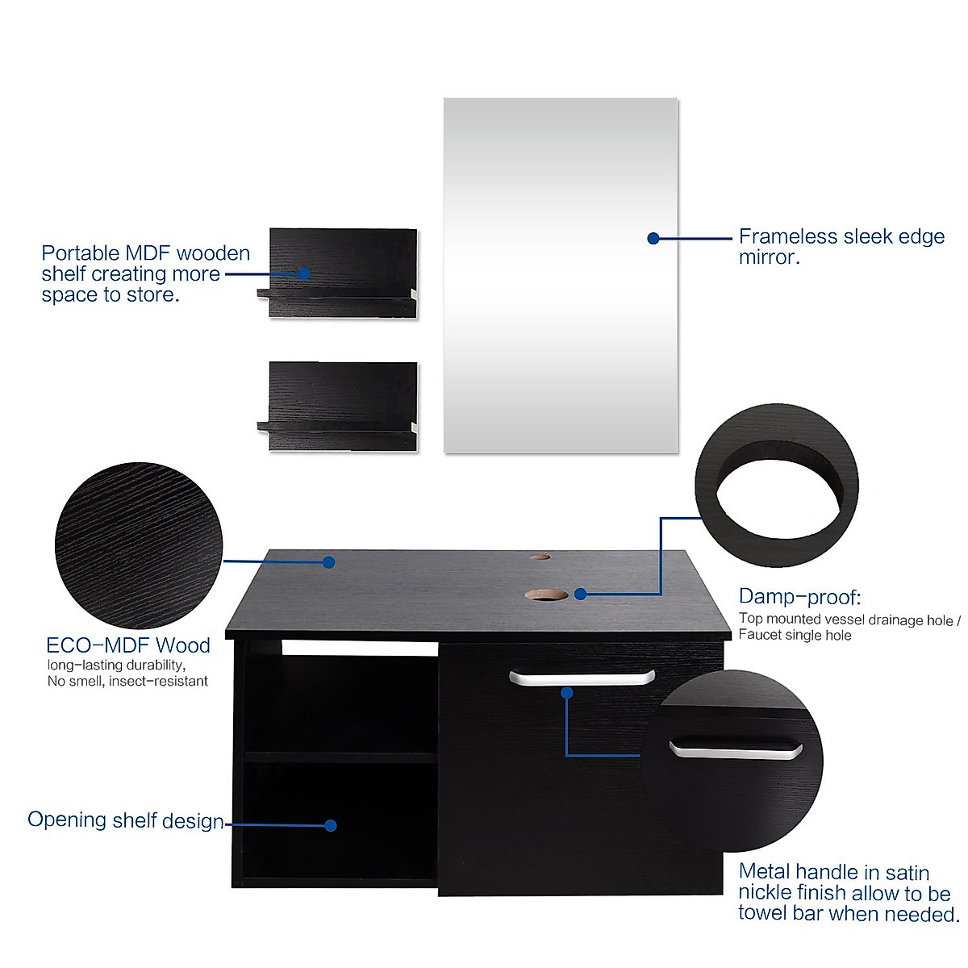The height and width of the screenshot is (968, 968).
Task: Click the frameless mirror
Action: click(x=561, y=323)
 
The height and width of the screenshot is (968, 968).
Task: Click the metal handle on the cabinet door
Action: click(x=582, y=678)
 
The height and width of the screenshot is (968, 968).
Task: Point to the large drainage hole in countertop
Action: click(x=546, y=595)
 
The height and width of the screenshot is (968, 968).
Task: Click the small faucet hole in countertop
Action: click(x=539, y=557)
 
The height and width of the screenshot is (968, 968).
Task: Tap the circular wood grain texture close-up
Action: click(x=138, y=545)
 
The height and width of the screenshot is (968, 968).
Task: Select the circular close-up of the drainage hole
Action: click(x=777, y=486)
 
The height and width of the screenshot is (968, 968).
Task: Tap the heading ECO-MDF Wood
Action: click(x=128, y=645)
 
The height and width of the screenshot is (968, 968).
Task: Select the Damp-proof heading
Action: click(x=799, y=597)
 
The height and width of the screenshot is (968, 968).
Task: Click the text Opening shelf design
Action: click(x=126, y=820)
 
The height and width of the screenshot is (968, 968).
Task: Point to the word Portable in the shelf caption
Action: click(x=80, y=253)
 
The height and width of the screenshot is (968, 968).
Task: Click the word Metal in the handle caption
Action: click(x=764, y=872)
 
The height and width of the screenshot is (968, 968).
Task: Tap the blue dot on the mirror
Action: click(x=653, y=238)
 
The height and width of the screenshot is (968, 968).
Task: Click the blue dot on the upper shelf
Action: click(x=304, y=273)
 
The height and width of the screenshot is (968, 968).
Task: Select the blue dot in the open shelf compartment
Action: click(x=330, y=825)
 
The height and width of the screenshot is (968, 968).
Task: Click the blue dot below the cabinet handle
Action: click(x=566, y=693)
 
